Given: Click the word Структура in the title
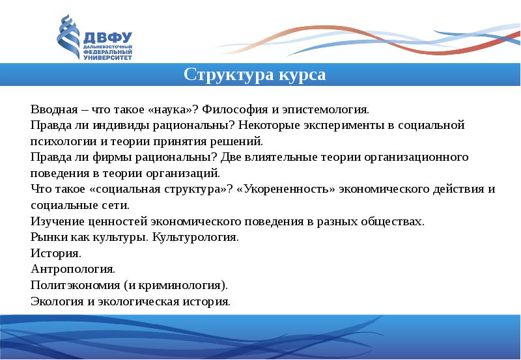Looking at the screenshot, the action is pyautogui.click(x=229, y=75).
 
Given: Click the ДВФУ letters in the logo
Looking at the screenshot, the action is pyautogui.click(x=107, y=38).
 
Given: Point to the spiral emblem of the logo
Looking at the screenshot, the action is pyautogui.click(x=68, y=36).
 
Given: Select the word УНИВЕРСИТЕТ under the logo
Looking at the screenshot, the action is pyautogui.click(x=107, y=58).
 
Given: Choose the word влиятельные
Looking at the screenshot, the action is pyautogui.click(x=281, y=158).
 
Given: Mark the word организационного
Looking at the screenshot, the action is pyautogui.click(x=416, y=158).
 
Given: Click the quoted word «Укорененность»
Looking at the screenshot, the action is pyautogui.click(x=287, y=189).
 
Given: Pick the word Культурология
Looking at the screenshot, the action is pyautogui.click(x=195, y=238).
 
